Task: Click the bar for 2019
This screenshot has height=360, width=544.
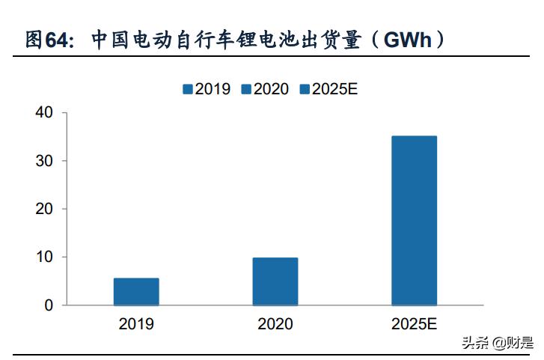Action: [x=136, y=292]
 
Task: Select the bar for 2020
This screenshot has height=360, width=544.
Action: [x=275, y=281]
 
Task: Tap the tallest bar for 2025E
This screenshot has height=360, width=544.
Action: [x=414, y=221]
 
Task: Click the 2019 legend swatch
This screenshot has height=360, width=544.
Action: [x=188, y=89]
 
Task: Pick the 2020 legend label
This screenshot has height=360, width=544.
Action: [x=271, y=89]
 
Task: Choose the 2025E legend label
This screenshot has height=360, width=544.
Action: [x=335, y=89]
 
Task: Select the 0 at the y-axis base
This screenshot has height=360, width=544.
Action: [x=49, y=305]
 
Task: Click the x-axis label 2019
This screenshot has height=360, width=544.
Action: [x=136, y=324]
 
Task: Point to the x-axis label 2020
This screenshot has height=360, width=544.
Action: [x=275, y=324]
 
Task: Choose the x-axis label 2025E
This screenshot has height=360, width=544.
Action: [x=414, y=324]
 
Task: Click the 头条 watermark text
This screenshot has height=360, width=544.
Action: [x=474, y=344]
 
